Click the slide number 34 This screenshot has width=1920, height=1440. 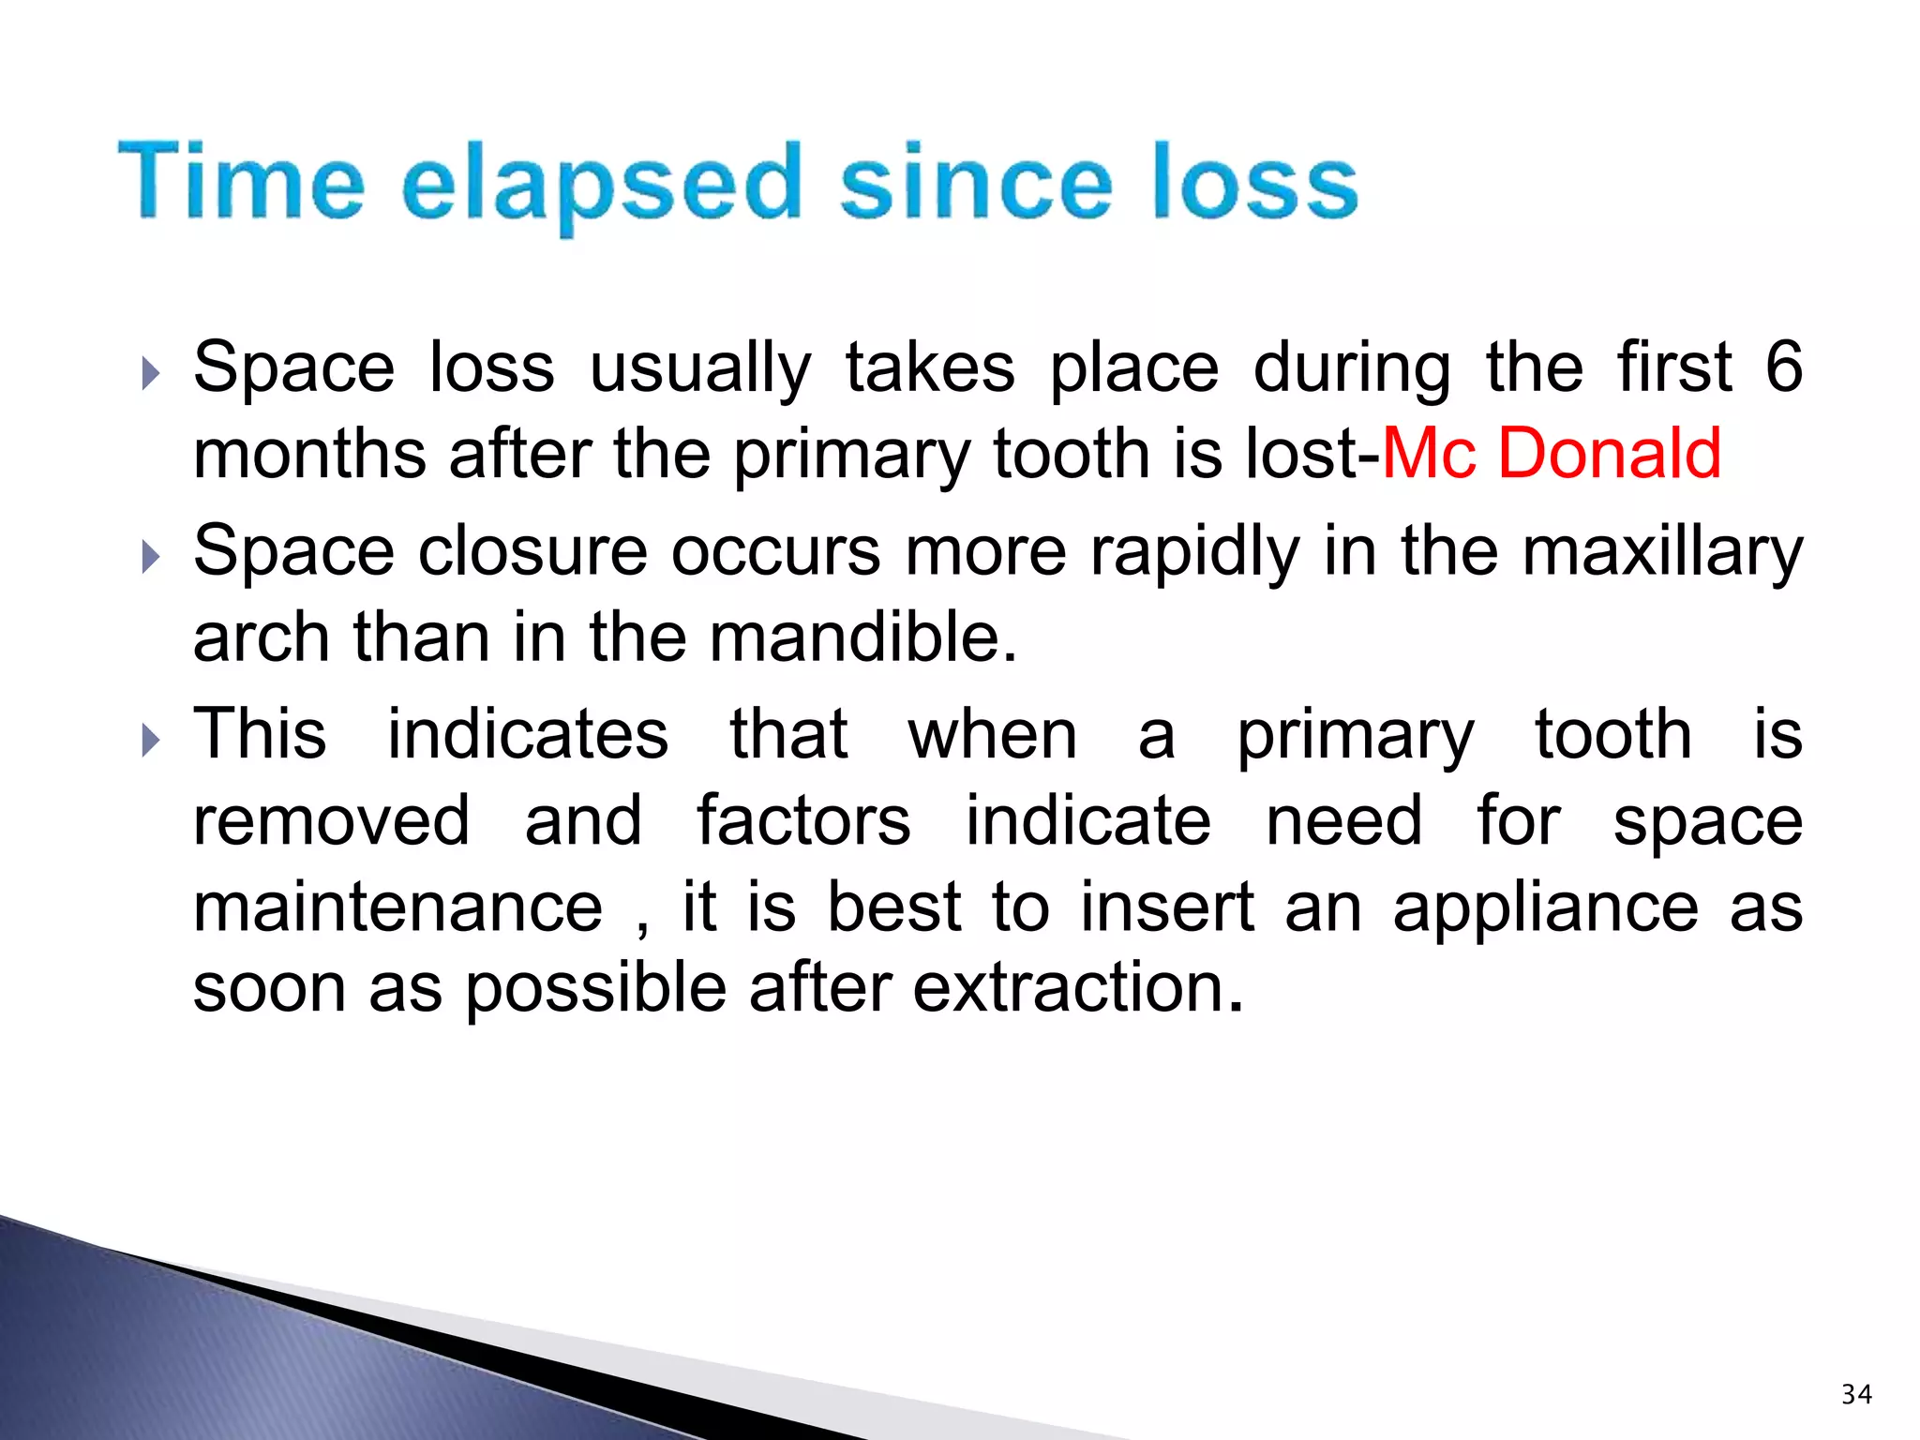1856,1394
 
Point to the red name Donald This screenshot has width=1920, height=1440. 1609,454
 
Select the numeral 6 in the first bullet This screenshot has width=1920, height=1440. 1783,367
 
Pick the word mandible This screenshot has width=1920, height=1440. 862,637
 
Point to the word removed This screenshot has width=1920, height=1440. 331,821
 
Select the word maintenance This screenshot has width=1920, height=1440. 397,907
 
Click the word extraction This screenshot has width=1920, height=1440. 1078,988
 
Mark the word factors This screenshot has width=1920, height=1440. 803,821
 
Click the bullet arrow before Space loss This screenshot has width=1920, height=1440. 150,374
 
